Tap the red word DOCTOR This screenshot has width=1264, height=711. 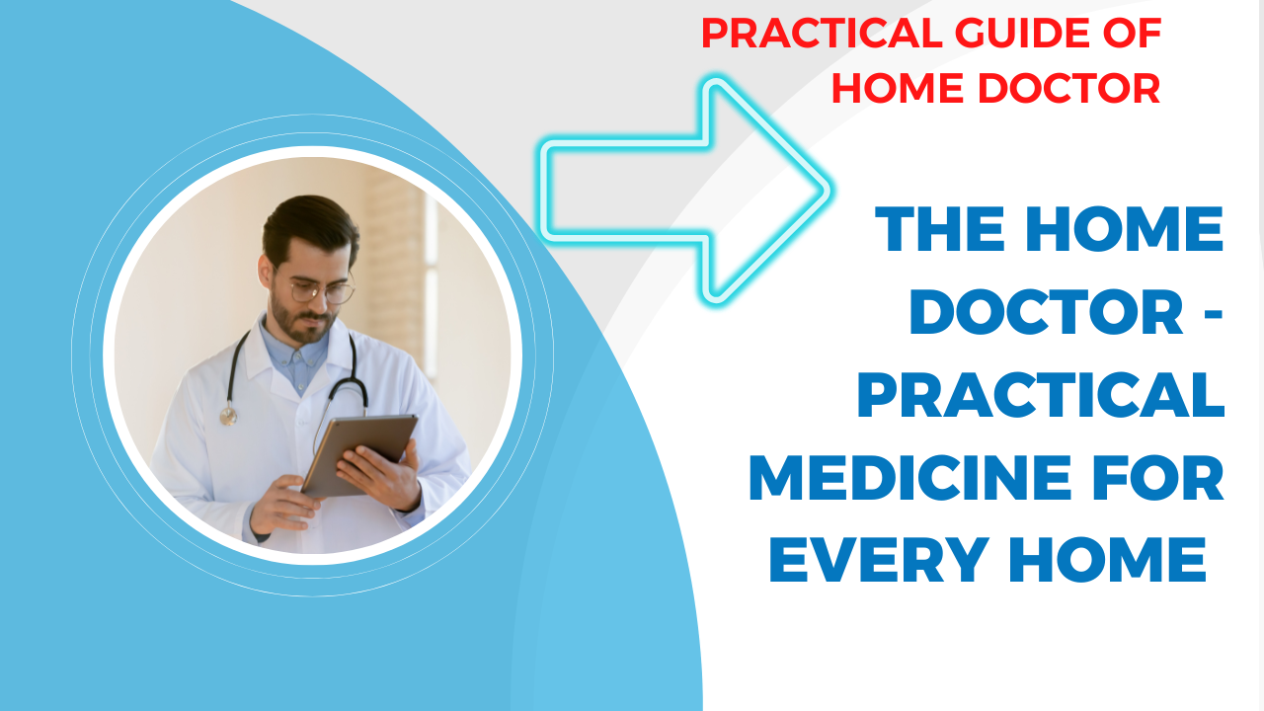(1068, 88)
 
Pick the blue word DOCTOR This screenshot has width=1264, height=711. (1046, 311)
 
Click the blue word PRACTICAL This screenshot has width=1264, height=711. (1041, 394)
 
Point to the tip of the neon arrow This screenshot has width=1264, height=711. (829, 191)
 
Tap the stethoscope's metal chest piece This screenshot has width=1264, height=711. (228, 417)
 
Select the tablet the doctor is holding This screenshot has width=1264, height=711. (359, 455)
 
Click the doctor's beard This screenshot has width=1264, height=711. (299, 322)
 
